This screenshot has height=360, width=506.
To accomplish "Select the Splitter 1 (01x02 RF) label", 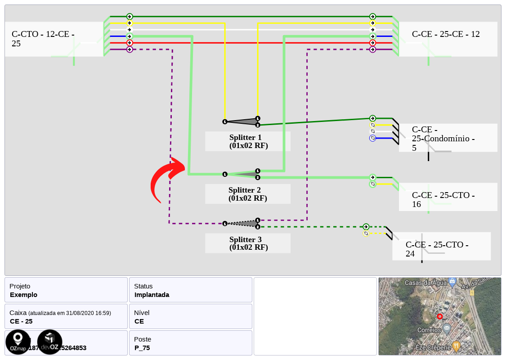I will [x=248, y=141].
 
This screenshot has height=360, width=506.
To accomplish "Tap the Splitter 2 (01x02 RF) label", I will [x=248, y=194].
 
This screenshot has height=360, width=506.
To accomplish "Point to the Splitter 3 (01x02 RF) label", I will [x=248, y=243].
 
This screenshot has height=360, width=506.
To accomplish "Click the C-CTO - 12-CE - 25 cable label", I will [x=43, y=39].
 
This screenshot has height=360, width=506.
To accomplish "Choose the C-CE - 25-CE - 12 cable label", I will [x=446, y=34].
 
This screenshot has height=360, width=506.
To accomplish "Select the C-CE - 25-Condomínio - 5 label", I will [x=443, y=138].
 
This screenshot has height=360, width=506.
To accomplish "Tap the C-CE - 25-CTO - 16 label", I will [x=443, y=199].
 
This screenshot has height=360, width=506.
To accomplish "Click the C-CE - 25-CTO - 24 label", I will [x=437, y=249].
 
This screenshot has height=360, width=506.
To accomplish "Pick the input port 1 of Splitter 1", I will [x=225, y=121].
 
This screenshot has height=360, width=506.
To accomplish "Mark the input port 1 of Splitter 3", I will [x=225, y=223].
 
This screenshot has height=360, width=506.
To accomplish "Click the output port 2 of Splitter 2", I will [x=258, y=177].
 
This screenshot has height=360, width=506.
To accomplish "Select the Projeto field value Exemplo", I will [x=23, y=295].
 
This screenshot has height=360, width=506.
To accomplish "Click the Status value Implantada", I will [x=152, y=295].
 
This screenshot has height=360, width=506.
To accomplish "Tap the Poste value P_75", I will [x=142, y=348].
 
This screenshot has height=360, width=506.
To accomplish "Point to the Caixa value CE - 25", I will [x=21, y=321].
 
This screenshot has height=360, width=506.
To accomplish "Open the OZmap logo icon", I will [x=18, y=342].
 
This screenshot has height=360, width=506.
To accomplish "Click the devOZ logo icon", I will [x=49, y=342].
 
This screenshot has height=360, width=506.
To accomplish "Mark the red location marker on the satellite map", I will [x=440, y=316].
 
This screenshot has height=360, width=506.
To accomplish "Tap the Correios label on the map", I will [x=429, y=330].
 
